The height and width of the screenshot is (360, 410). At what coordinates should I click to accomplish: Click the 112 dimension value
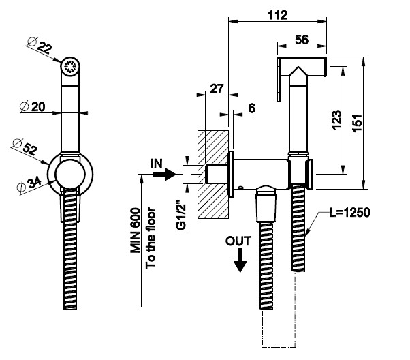277,14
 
